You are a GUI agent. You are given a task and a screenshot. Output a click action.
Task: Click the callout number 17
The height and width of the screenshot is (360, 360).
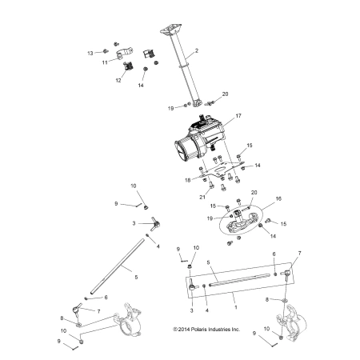238,116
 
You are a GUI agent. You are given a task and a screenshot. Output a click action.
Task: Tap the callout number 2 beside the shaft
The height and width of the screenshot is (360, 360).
197,50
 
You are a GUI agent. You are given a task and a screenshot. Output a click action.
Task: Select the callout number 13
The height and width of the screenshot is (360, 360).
90,54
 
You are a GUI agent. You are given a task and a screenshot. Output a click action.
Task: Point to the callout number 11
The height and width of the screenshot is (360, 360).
105,62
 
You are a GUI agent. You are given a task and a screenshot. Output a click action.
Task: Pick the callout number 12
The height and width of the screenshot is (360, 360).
118,80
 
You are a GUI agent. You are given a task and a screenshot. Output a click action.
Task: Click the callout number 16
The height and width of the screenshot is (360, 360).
278,198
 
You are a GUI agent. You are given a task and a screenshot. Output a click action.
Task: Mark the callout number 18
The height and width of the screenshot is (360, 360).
188,180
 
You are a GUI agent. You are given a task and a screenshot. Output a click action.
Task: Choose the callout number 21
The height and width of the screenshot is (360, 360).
202,197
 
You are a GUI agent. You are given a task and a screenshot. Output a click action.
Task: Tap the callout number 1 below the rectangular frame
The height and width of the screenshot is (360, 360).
236,307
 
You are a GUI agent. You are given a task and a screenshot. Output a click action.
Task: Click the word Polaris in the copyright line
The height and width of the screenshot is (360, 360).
198,330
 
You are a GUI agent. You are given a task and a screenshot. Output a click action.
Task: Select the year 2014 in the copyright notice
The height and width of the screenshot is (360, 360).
184,330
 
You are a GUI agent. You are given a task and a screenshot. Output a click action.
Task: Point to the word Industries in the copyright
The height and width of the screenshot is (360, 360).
218,330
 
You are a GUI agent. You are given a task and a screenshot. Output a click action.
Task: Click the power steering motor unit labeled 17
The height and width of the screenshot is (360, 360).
201,138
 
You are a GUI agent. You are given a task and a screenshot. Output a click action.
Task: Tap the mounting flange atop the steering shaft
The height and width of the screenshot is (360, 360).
171,29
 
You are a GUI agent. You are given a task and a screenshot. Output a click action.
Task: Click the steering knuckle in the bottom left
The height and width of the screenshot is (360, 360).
127,319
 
